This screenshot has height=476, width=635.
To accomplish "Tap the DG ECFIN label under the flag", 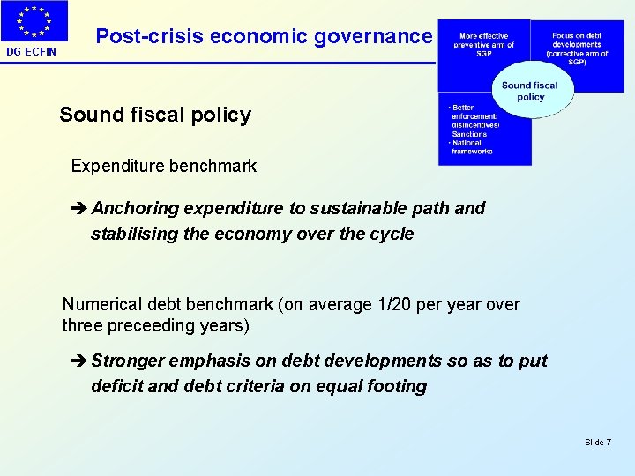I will pos(32,52).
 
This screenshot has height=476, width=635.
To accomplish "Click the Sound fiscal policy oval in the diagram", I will pos(530,91).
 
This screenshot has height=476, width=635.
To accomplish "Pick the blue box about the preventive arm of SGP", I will pos(483,46).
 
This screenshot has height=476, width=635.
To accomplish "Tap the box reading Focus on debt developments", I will pos(577,46).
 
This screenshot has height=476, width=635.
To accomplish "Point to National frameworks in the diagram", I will pos(473,147).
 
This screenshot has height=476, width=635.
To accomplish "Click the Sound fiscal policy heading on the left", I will pos(155,115).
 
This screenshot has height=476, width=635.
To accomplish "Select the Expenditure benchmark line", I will pos(164,166).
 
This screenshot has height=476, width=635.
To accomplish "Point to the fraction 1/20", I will pos(394,304).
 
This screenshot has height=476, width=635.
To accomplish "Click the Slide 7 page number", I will pos(597,442).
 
